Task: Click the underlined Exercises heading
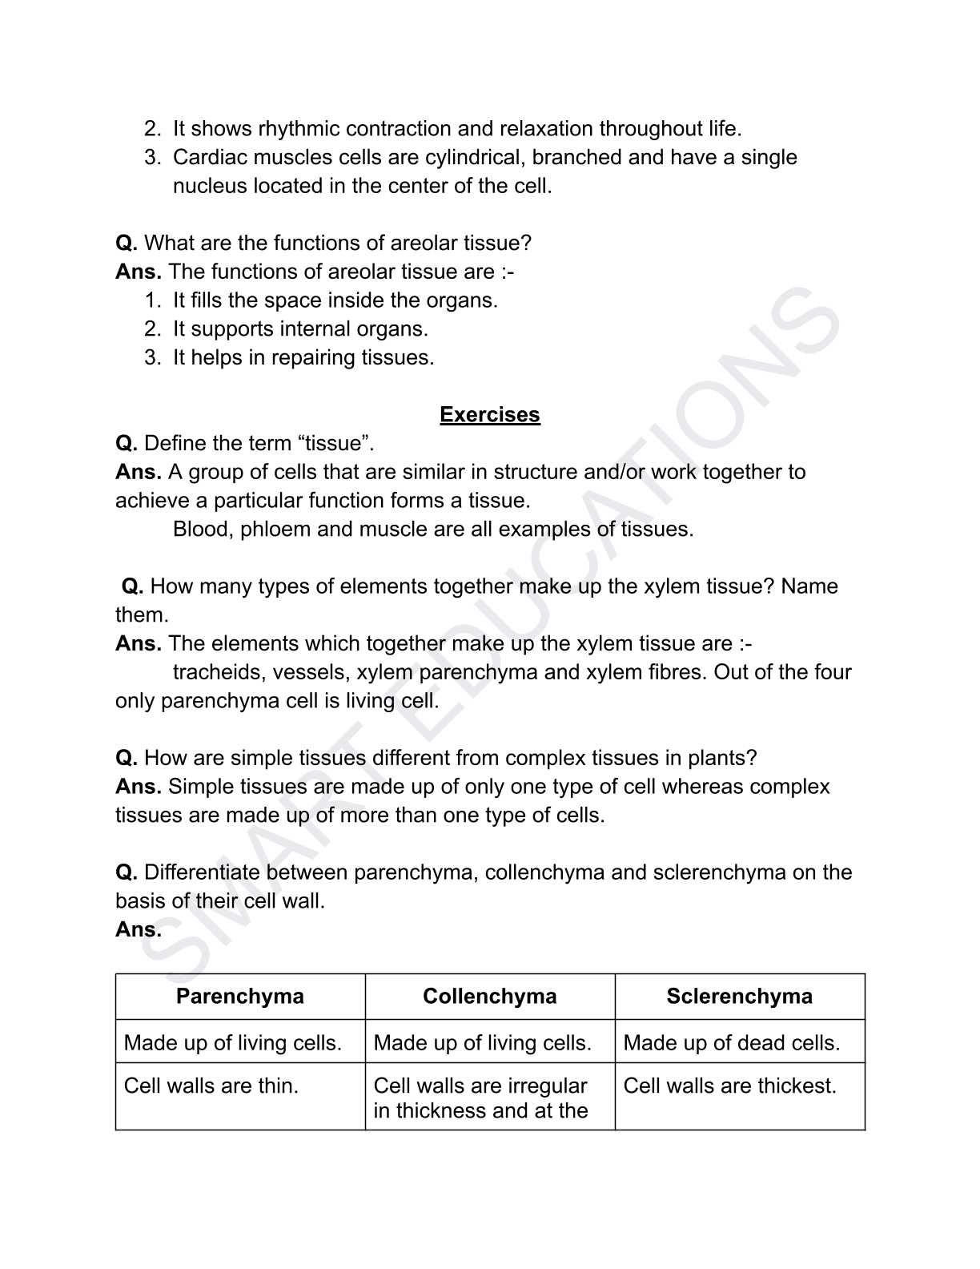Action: pos(489,415)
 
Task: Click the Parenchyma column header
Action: pos(239,996)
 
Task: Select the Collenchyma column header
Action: pos(489,996)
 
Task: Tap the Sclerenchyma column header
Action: pos(739,996)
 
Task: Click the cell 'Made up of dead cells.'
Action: pos(731,1042)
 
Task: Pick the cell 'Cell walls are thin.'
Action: pos(211,1086)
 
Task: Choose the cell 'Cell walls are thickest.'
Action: pos(729,1086)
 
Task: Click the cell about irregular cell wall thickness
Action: pos(480,1098)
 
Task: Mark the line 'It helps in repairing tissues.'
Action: pos(303,357)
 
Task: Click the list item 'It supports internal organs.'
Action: pos(300,329)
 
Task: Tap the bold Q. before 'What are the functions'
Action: pos(127,243)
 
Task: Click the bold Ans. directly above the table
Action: pos(138,929)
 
